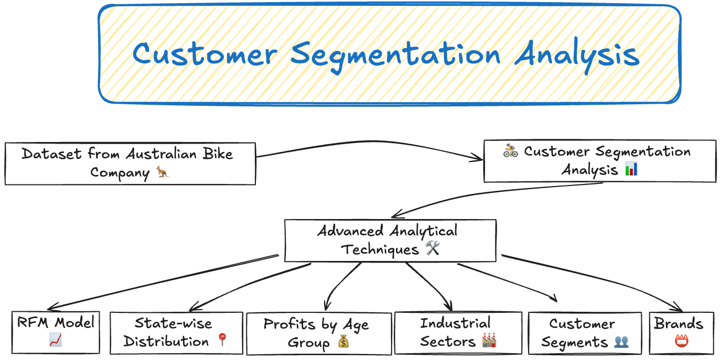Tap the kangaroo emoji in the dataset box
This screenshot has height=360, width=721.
click(163, 172)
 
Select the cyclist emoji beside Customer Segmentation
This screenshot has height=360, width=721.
click(510, 151)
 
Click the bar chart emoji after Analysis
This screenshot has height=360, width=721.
click(631, 169)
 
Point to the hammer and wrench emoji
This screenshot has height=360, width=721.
click(433, 248)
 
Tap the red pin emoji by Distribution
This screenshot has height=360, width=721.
click(222, 341)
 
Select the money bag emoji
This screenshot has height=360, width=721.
click(343, 343)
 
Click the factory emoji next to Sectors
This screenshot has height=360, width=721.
click(489, 341)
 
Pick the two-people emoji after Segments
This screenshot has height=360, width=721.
click(621, 342)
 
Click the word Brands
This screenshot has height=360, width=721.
click(678, 323)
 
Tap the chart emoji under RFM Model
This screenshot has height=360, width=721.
click(56, 341)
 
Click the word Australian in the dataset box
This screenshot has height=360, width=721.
click(160, 154)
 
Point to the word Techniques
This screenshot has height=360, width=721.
click(380, 249)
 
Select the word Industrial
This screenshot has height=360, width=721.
click(455, 323)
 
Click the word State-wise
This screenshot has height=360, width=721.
click(173, 323)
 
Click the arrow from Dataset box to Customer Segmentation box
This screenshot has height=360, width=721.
click(367, 144)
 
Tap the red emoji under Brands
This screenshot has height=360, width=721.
click(682, 341)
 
